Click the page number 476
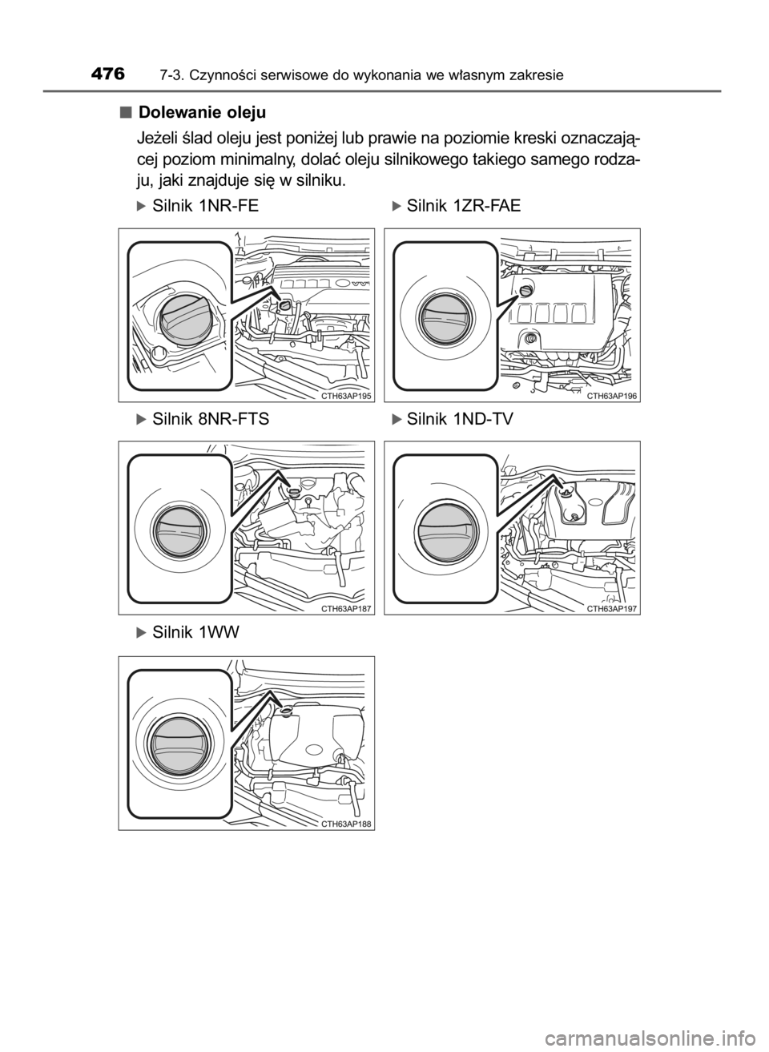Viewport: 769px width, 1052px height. [x=108, y=75]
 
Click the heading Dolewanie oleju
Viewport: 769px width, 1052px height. [x=203, y=113]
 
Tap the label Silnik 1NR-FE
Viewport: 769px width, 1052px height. [x=206, y=206]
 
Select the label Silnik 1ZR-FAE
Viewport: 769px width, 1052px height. [x=464, y=206]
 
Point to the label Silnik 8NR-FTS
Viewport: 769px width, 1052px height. [x=211, y=418]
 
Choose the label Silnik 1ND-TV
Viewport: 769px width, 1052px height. [x=460, y=418]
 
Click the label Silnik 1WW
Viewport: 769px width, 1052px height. [x=195, y=633]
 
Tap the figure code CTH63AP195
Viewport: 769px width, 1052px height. [x=347, y=397]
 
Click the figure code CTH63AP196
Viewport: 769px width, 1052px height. [x=612, y=397]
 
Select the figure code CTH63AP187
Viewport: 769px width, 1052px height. [x=347, y=609]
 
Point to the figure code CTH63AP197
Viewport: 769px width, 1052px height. [x=612, y=609]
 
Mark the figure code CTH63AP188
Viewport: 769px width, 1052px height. [x=347, y=824]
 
